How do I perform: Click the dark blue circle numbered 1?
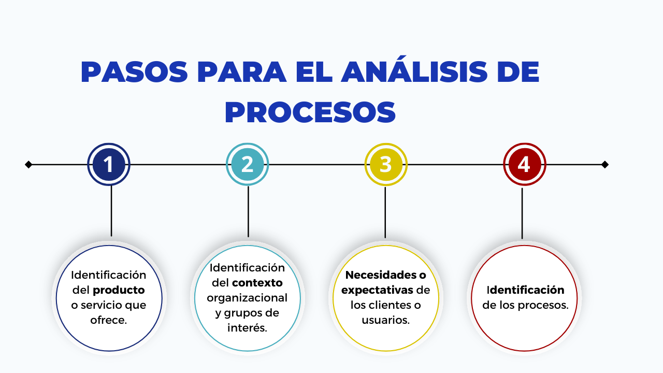coord(109,164)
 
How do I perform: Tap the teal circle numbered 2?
coord(247,164)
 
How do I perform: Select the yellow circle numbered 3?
coord(386,164)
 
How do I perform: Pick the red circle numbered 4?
coord(525,164)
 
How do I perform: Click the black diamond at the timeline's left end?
coord(28,164)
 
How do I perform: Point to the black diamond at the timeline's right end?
coord(605,164)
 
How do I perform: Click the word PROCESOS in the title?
coord(310,112)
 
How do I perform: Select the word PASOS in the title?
coord(134,72)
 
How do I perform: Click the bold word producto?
coord(119,291)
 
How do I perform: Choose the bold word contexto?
coord(257,283)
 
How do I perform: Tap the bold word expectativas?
coord(377,291)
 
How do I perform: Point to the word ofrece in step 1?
coord(107,320)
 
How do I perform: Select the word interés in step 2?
coord(246,327)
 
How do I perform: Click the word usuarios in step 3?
coord(384,320)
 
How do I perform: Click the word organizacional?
coord(247,298)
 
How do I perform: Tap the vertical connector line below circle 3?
coord(385,212)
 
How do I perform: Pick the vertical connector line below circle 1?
coord(111,211)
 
